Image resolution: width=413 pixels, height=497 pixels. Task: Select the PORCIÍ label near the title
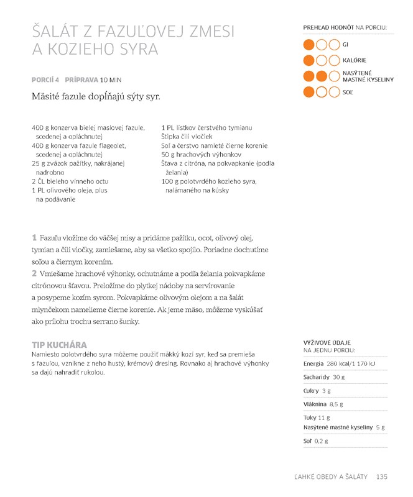42,80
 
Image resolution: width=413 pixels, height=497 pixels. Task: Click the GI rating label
346,44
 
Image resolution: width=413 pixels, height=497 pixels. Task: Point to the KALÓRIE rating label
354,60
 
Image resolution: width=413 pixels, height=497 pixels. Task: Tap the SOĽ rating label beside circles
348,92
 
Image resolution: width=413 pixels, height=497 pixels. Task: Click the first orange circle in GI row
309,45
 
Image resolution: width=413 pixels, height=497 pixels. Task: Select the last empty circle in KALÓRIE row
334,60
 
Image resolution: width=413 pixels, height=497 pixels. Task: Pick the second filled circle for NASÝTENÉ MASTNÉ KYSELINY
322,76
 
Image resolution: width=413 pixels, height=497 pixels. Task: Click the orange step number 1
34,238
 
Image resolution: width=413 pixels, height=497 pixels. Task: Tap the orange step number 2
34,273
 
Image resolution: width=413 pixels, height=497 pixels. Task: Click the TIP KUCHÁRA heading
59,345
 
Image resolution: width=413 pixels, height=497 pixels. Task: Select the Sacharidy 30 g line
323,377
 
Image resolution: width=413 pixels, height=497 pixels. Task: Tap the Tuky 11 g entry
317,418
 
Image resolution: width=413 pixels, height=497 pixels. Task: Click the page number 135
382,476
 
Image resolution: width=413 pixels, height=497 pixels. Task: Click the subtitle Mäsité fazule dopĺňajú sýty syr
96,97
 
